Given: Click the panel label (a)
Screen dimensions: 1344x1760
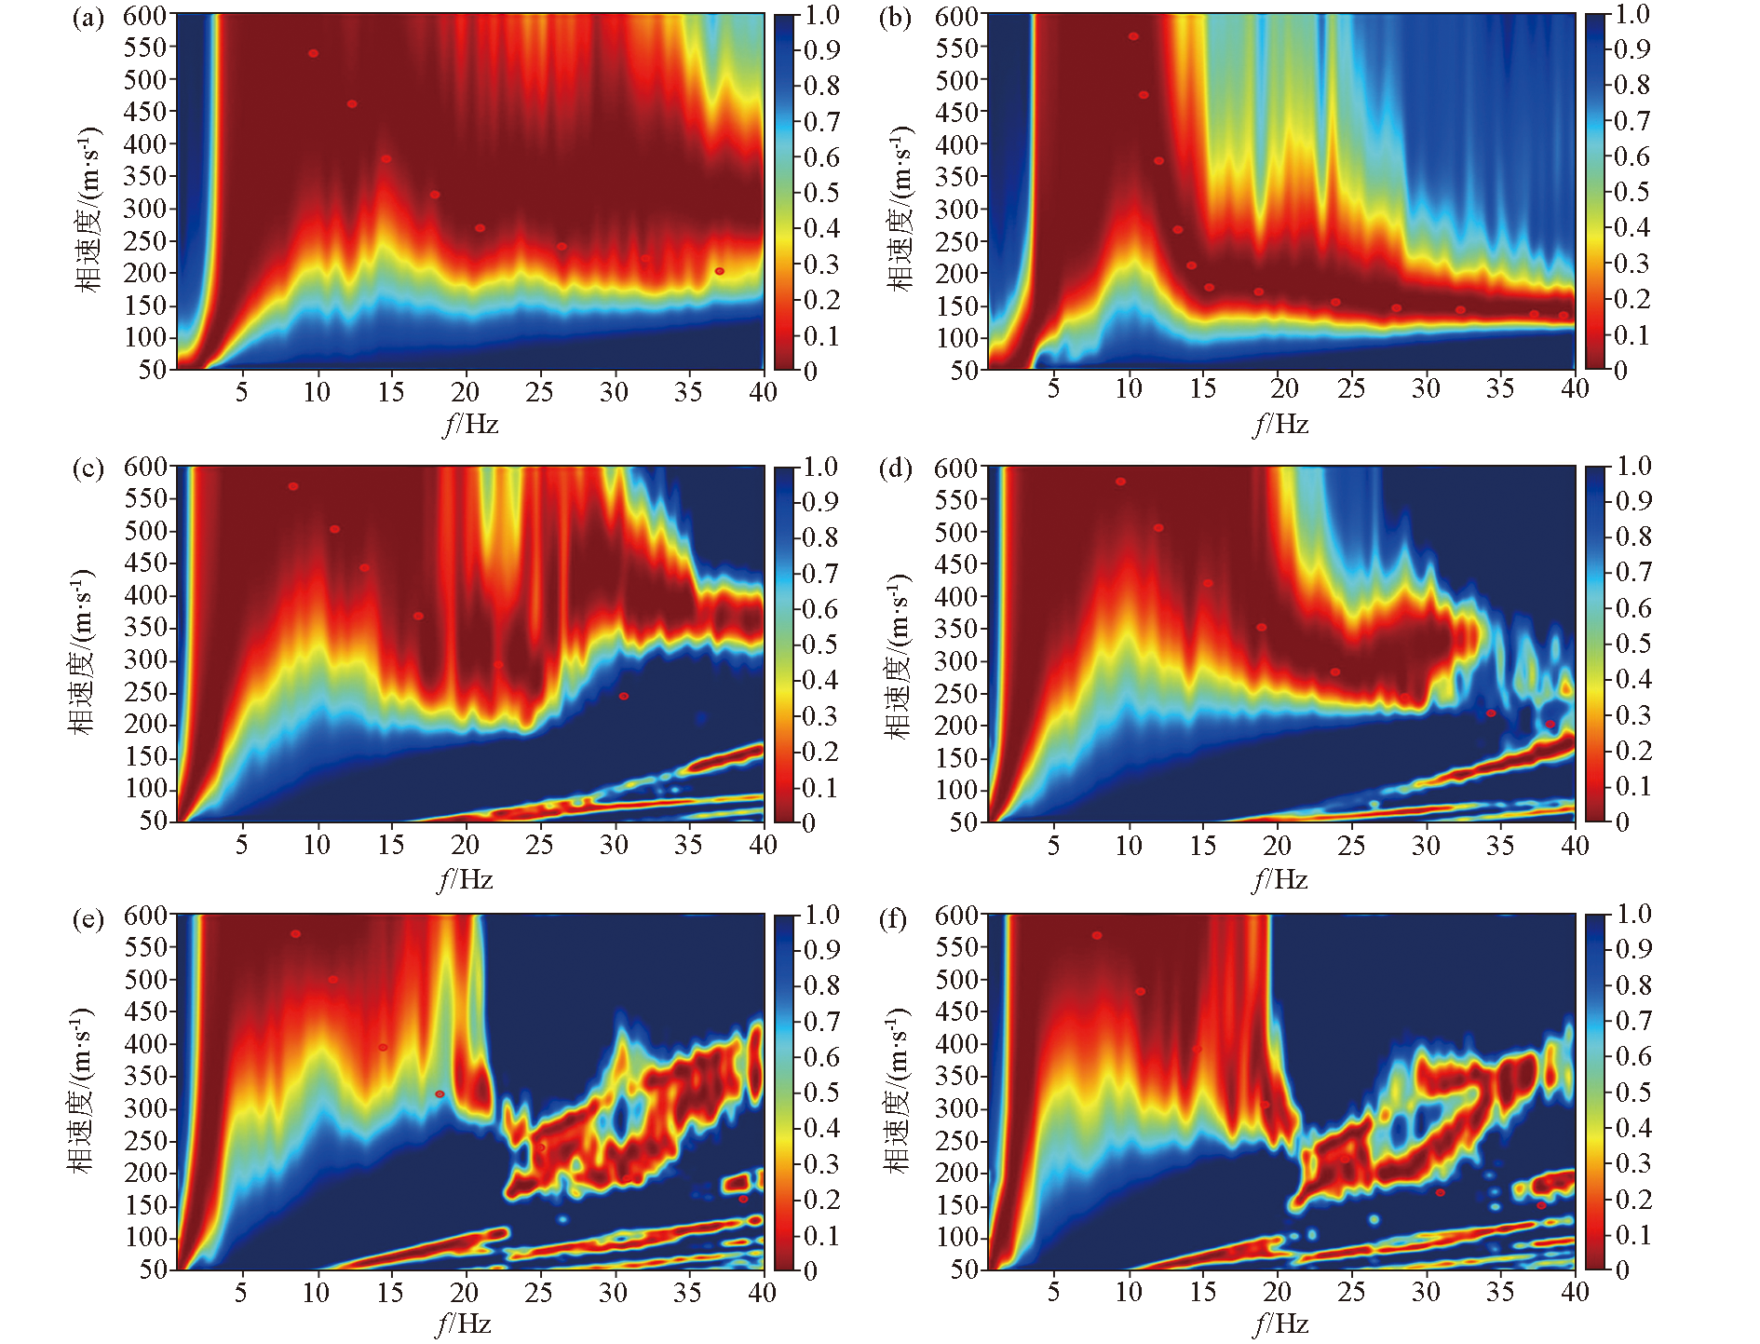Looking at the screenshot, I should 88,18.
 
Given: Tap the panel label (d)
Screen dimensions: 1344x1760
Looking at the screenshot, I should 895,468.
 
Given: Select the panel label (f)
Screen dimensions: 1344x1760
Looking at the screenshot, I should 893,919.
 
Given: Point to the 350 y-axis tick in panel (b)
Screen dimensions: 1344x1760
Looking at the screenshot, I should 957,177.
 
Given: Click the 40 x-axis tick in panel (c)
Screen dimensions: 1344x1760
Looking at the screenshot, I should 763,845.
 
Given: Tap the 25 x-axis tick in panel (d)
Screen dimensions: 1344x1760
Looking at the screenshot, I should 1351,846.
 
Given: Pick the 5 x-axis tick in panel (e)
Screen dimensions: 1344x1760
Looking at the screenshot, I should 241,1293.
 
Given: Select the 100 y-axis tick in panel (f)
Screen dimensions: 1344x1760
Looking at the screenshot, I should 957,1238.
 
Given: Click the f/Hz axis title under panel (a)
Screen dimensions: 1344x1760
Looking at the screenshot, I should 471,425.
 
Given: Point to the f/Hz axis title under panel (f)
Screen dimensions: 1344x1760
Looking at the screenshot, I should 1281,1324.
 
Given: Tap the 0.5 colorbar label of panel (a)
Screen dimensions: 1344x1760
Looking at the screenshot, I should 821,193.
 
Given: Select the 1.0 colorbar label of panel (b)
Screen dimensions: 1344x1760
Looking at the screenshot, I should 1632,15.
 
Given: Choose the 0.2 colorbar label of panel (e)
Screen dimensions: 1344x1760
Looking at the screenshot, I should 821,1200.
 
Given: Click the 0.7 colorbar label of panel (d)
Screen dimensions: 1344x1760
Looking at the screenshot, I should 1633,572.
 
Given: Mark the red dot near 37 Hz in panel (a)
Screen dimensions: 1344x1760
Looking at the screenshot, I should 719,271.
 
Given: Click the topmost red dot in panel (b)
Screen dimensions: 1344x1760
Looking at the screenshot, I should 1133,37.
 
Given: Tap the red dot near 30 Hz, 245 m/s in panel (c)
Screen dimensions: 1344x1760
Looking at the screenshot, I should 624,696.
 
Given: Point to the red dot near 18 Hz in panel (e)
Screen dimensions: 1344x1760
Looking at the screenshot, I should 440,1094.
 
